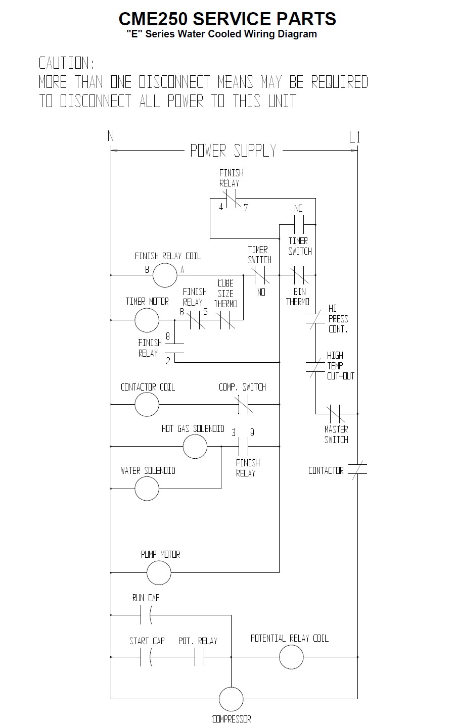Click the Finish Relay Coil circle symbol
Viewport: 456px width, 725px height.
coord(165,275)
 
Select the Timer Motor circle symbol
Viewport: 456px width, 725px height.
coord(147,320)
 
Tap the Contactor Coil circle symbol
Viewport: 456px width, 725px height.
coord(147,404)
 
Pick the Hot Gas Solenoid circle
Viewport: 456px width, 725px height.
coord(195,446)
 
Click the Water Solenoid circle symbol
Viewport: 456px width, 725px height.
coord(147,489)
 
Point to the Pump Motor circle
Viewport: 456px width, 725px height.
coord(159,572)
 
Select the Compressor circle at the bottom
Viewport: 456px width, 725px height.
coord(231,699)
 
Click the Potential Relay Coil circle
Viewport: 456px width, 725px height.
coord(291,657)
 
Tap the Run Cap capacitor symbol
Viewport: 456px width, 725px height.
coord(146,615)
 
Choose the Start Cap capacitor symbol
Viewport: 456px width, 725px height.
coord(146,657)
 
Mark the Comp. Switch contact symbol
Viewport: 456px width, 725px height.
coord(245,404)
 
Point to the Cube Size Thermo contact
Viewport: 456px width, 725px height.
coord(225,320)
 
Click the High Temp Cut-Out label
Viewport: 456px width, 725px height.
coord(340,366)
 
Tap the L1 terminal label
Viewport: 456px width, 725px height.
coord(354,137)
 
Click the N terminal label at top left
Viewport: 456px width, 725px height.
coord(111,136)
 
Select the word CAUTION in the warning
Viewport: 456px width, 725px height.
coord(67,64)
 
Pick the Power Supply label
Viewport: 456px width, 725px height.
coord(234,151)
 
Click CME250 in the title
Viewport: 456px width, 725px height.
coord(153,19)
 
